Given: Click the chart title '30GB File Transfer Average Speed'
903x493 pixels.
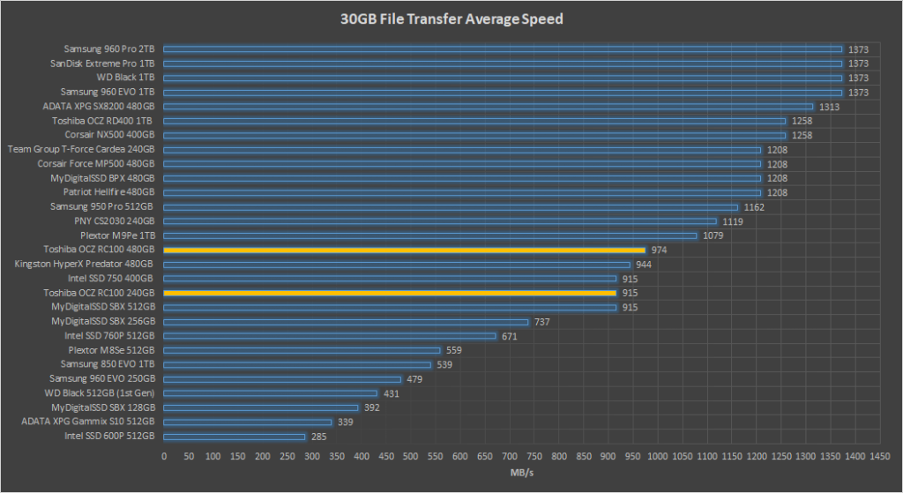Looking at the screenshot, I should click(x=451, y=19).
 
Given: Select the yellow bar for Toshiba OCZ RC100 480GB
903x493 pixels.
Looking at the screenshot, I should click(x=404, y=250).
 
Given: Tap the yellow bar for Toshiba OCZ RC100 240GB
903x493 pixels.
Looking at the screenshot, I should click(x=390, y=293).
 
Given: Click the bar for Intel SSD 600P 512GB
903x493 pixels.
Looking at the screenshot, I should click(x=235, y=436).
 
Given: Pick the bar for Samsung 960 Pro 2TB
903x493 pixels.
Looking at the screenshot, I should click(x=503, y=49).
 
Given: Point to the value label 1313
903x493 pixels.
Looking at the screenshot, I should click(x=829, y=107).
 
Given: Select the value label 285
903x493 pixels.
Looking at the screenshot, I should click(x=320, y=436).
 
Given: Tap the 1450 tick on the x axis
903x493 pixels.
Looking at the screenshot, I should click(x=879, y=457).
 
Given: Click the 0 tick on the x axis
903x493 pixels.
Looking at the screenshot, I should click(x=164, y=457).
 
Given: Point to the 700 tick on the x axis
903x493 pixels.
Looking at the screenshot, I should click(x=510, y=457).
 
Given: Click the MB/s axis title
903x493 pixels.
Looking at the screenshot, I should click(x=520, y=474).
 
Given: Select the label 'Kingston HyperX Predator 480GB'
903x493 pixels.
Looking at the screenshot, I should click(x=84, y=264).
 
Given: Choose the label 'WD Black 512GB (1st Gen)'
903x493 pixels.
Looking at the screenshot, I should click(x=100, y=392).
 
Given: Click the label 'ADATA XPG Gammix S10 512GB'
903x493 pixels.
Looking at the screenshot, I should click(x=88, y=422).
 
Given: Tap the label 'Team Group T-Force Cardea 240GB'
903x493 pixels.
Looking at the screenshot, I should click(x=81, y=149).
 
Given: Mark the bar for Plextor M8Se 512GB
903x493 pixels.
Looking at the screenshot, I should click(x=302, y=350).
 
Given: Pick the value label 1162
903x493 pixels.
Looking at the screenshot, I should click(x=754, y=206).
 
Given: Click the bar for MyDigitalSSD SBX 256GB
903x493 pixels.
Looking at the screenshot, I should click(x=346, y=321).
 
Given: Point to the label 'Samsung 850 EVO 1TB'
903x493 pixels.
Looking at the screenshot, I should click(x=108, y=364).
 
